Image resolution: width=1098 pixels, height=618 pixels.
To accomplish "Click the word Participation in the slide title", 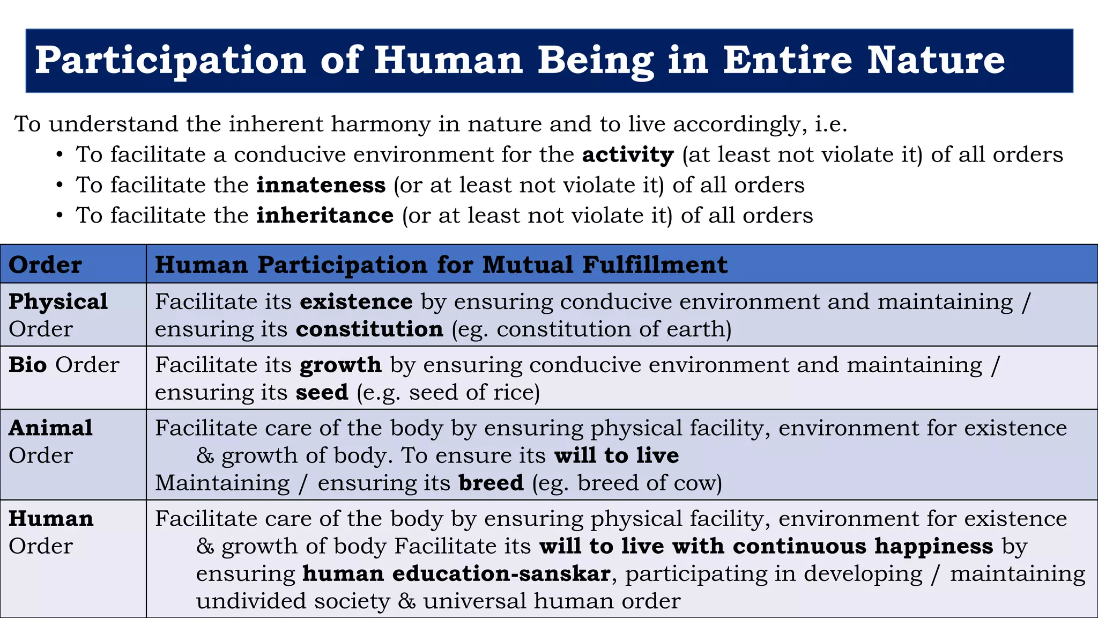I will point(170,60).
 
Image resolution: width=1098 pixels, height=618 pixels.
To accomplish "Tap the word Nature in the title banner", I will point(936,60).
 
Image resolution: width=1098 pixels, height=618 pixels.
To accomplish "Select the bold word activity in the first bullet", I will point(628,155).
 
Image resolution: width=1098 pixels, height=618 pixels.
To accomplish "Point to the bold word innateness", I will point(321,185).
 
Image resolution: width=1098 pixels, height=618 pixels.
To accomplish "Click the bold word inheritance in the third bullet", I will point(325,216).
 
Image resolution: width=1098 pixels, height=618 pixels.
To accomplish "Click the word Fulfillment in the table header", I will point(655,265).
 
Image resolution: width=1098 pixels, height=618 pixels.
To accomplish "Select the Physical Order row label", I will point(58,315).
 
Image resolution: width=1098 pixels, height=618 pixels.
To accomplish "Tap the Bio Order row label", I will point(64,365).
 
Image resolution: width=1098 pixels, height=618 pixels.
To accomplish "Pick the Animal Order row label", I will point(51,441).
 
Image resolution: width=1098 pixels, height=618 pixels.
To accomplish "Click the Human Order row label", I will point(51,532).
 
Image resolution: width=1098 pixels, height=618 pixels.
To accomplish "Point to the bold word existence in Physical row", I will point(356,301).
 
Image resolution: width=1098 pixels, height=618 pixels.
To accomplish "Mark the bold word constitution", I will point(369,329).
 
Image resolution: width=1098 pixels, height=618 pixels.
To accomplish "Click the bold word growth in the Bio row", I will point(340,365).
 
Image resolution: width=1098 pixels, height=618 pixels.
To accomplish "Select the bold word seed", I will point(322,393).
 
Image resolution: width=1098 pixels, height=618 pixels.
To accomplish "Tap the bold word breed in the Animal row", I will point(491,483).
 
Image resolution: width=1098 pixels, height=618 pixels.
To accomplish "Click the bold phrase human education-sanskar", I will point(456,573).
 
